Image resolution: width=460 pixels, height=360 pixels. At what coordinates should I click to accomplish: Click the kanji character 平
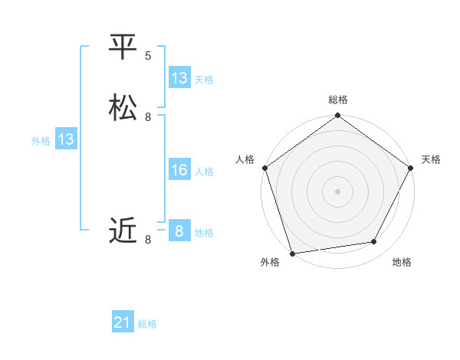(123, 47)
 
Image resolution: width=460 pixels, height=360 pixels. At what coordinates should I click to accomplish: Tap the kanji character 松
(123, 108)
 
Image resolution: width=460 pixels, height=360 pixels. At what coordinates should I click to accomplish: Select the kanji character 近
(123, 229)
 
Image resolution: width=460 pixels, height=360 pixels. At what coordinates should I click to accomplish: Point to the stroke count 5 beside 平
(148, 56)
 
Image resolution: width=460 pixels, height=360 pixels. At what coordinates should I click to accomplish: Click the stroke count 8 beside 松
(148, 117)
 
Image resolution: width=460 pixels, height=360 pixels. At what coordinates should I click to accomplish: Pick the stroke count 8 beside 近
(148, 240)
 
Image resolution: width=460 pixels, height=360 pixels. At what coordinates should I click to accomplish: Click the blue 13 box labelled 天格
(179, 78)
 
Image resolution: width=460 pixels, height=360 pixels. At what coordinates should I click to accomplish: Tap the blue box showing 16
(179, 170)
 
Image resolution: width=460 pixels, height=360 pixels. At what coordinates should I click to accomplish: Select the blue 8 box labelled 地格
(179, 231)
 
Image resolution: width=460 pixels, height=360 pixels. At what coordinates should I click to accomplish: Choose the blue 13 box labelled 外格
(66, 139)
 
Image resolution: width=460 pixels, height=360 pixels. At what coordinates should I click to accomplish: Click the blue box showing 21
(123, 323)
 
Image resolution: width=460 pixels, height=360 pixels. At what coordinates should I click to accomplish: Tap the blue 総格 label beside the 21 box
(147, 324)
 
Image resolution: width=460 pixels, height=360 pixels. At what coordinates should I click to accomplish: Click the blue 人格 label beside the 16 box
(205, 171)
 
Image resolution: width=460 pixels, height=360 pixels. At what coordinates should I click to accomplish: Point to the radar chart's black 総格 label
(338, 100)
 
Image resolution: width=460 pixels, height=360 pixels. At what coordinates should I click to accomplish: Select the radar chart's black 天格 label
(431, 159)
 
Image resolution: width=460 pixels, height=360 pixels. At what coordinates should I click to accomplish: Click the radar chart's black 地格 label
(402, 262)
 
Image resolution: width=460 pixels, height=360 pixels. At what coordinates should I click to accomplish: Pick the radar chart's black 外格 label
(270, 262)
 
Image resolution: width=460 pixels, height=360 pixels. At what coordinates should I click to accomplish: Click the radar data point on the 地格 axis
(374, 242)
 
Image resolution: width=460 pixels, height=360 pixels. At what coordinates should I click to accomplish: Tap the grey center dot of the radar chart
(337, 191)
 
